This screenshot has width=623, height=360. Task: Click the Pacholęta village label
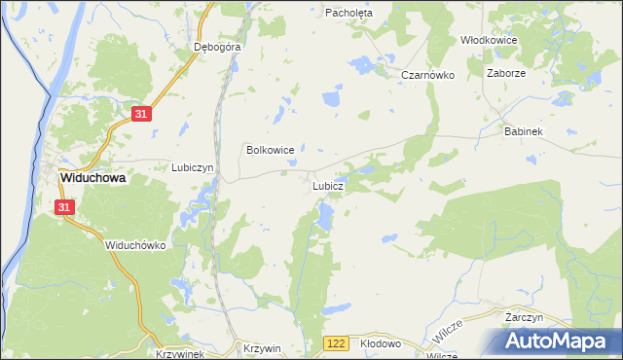(x=349, y=13)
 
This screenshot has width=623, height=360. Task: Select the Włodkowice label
(x=488, y=40)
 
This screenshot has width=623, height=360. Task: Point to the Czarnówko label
(x=428, y=75)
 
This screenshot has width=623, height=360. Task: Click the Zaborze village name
(x=506, y=73)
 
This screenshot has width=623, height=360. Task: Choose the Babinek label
(x=523, y=130)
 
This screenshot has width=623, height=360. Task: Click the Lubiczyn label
(x=192, y=167)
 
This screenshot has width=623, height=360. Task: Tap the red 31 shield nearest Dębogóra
(x=142, y=114)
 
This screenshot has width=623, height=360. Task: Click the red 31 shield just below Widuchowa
(x=64, y=207)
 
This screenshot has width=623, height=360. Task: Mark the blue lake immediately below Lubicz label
(x=324, y=216)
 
